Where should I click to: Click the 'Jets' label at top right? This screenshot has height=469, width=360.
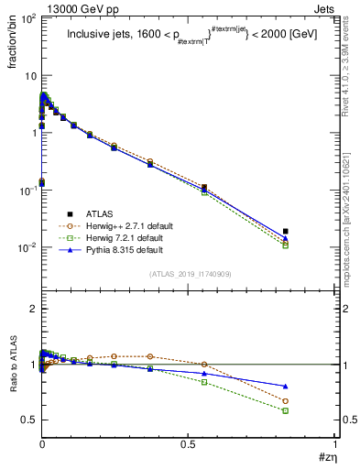click(x=324, y=8)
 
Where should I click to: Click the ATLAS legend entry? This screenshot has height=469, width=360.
click(x=100, y=211)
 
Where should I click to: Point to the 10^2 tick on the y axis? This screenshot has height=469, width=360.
click(x=27, y=19)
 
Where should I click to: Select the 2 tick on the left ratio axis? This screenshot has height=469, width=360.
click(x=33, y=310)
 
